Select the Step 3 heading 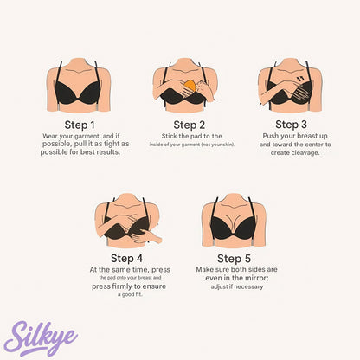[289, 125]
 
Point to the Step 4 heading [127, 258]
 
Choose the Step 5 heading [234, 258]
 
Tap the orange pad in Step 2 [190, 87]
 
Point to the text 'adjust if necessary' [234, 286]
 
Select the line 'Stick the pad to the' [191, 136]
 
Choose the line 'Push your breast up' [289, 136]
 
